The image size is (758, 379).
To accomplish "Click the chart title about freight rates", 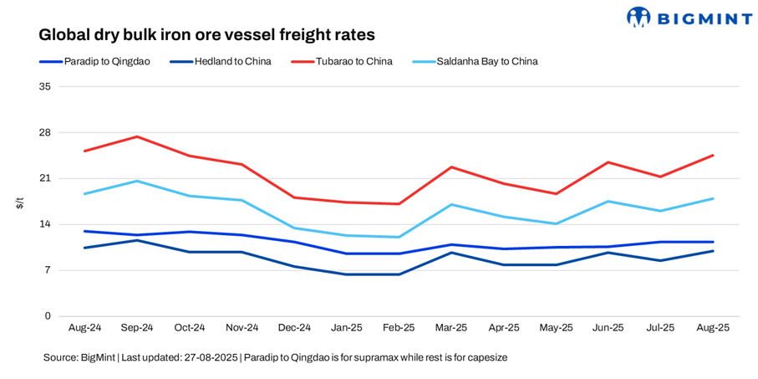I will [x=206, y=35].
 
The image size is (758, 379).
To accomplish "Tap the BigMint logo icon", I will [x=638, y=17].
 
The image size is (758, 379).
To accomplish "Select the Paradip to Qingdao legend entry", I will [x=94, y=61].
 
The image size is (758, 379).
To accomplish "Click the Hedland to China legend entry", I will [x=221, y=61].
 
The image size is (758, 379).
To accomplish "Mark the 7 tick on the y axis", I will [x=48, y=270].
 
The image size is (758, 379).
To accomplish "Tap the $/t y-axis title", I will [x=21, y=202].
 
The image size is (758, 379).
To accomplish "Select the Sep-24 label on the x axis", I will [x=137, y=328].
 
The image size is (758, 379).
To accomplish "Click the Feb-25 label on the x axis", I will [x=399, y=328].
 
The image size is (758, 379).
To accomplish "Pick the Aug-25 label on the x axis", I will [x=712, y=328].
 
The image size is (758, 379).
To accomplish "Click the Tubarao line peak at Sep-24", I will [x=137, y=136].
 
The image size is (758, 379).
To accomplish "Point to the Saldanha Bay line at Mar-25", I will [x=451, y=204].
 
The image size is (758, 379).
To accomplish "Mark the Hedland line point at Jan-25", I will [x=346, y=274].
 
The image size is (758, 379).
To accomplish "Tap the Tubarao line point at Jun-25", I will [x=608, y=162].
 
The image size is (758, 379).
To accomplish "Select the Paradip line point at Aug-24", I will [x=84, y=231].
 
